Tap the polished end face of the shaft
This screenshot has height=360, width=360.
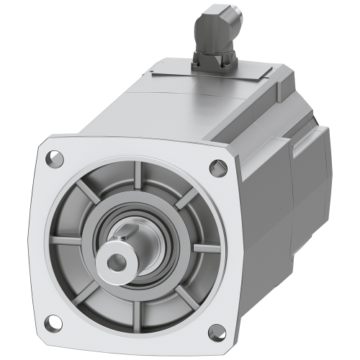point(130,261)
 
